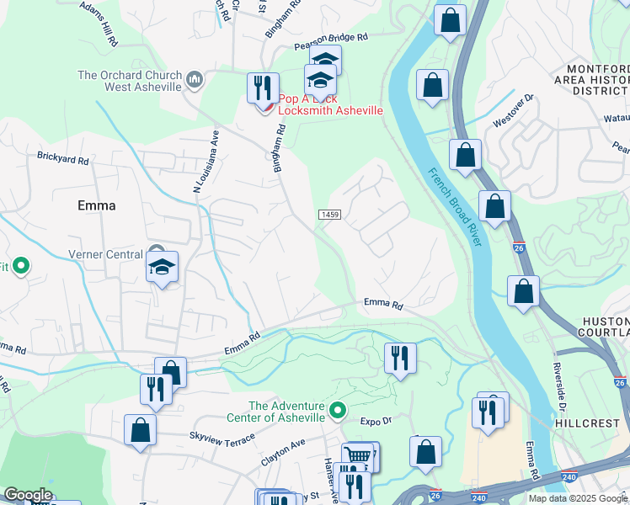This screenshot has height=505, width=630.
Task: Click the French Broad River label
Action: [x=455, y=207]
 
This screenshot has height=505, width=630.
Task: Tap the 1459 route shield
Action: [x=329, y=215]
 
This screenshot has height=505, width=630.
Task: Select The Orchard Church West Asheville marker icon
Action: [x=195, y=80]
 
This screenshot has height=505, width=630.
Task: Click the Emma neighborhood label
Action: [x=96, y=205]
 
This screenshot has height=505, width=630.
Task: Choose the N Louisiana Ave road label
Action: [x=205, y=162]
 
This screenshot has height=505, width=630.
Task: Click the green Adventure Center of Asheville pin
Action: [x=338, y=411]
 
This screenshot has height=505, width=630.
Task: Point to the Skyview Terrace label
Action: [x=222, y=436]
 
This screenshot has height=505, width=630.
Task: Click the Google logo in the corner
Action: [x=27, y=495]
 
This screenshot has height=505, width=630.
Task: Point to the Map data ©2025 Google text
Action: [x=578, y=498]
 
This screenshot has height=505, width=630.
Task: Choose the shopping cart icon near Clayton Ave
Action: [x=358, y=455]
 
